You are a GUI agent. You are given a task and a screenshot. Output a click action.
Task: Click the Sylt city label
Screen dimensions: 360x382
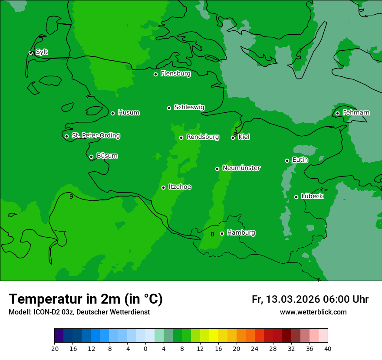coord(42,52)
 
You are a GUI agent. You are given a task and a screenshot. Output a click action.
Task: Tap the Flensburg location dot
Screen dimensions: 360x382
coord(155,74)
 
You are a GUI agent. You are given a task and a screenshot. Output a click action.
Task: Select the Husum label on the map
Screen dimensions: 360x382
coord(128,113)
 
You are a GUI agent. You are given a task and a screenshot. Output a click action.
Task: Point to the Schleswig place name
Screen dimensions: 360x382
coord(189,107)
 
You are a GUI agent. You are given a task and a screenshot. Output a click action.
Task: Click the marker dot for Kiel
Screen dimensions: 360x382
coord(233,137)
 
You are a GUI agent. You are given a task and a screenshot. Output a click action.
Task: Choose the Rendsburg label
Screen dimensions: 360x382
coord(202,137)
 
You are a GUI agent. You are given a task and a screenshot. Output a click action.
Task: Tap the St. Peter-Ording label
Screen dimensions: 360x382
coord(95,136)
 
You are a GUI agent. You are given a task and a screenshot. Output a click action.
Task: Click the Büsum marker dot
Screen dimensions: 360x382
coord(91,157)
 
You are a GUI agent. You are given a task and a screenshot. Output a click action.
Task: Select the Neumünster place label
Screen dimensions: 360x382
coord(241,168)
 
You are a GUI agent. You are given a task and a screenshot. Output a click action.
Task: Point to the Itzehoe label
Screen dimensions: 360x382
coord(179,187)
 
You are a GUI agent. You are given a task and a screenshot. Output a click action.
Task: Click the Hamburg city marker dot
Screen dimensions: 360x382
coord(222,233)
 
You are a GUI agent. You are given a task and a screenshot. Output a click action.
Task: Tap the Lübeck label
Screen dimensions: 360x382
coord(312,196)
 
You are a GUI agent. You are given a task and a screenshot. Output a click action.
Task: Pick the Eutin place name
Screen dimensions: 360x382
coord(300,160)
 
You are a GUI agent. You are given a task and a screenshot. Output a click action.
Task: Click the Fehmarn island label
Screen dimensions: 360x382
coord(356,113)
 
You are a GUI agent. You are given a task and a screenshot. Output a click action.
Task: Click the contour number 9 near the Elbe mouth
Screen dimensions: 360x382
coord(71,196)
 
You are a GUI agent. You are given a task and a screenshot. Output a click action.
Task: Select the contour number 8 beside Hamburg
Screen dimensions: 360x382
coord(212,235)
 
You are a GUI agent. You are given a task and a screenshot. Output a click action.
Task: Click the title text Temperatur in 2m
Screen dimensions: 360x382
coord(86,299)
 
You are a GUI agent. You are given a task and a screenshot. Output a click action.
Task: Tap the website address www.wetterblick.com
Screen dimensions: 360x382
coord(313,312)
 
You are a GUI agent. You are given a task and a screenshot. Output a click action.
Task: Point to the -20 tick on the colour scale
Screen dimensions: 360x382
coord(54,349)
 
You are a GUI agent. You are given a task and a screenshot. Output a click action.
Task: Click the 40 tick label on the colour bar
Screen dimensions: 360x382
coord(328,349)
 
